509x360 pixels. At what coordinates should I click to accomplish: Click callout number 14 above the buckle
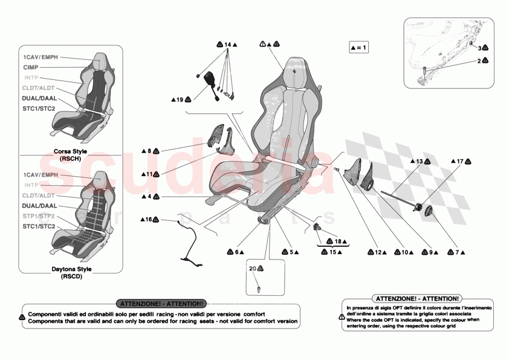pos(227,45)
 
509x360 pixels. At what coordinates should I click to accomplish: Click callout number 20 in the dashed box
pos(253,267)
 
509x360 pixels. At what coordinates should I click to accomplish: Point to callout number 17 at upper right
pos(459,162)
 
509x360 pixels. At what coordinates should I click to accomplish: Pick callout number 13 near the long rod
pos(418,162)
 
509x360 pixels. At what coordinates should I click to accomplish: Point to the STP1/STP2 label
pos(39,216)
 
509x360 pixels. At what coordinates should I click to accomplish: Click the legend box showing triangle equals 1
pos(358,47)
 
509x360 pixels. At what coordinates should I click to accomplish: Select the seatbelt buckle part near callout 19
pos(215,82)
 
